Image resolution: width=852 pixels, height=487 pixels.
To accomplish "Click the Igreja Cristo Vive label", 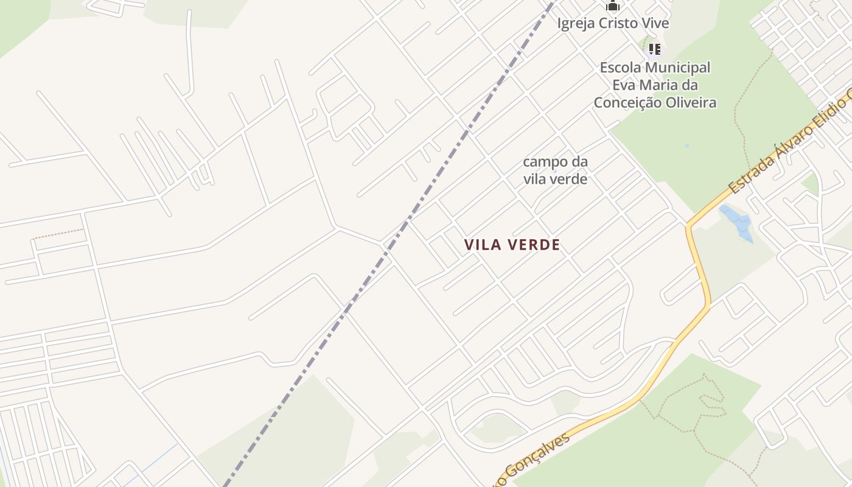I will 613,24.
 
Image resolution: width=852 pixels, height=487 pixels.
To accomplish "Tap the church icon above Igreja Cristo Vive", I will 612,6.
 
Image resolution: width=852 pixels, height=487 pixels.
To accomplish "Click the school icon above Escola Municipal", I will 654,49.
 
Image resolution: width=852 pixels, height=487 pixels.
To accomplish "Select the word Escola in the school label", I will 618,68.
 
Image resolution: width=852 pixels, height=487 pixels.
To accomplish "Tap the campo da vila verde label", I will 555,170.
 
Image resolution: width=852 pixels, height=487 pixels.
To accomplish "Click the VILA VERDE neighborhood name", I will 512,245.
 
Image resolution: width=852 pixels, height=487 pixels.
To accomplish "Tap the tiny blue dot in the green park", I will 686,146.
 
